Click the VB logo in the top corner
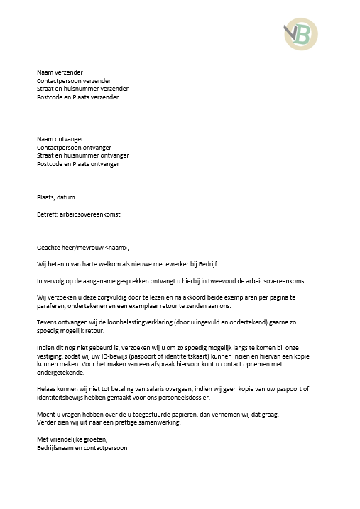pos(300,33)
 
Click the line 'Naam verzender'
pos(60,72)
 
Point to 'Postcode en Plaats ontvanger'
pos(78,164)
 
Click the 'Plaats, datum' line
pos(55,197)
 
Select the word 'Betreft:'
pos(48,214)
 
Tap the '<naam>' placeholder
pos(117,248)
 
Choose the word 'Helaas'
pos(47,390)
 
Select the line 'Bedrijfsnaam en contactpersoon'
pos(82,448)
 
